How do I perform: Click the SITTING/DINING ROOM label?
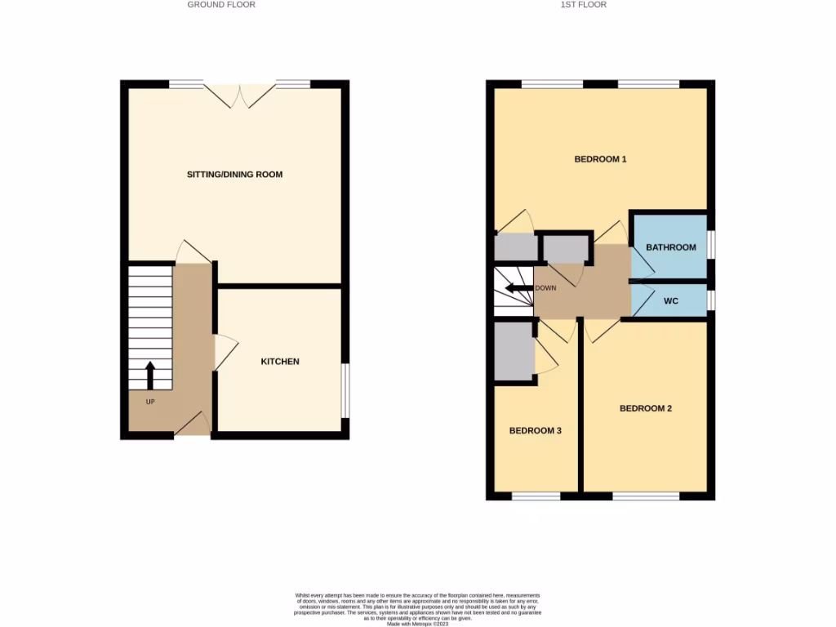tap(234, 175)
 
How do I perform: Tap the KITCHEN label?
tap(280, 362)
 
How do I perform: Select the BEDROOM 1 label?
tap(600, 159)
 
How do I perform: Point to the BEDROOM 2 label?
tap(645, 408)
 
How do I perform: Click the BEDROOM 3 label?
tap(535, 430)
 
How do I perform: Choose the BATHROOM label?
tap(670, 247)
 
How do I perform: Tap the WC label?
tap(671, 301)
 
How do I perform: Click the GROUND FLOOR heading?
tap(221, 5)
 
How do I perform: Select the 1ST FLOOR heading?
tap(583, 5)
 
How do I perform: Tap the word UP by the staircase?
tap(151, 402)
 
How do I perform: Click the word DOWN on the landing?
tap(545, 288)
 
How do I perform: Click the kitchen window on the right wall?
tap(345, 390)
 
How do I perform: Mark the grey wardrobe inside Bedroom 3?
tap(514, 351)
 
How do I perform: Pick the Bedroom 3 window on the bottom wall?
tap(536, 496)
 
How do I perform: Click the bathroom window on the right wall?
tap(711, 245)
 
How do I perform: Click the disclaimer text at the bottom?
tap(417, 608)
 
